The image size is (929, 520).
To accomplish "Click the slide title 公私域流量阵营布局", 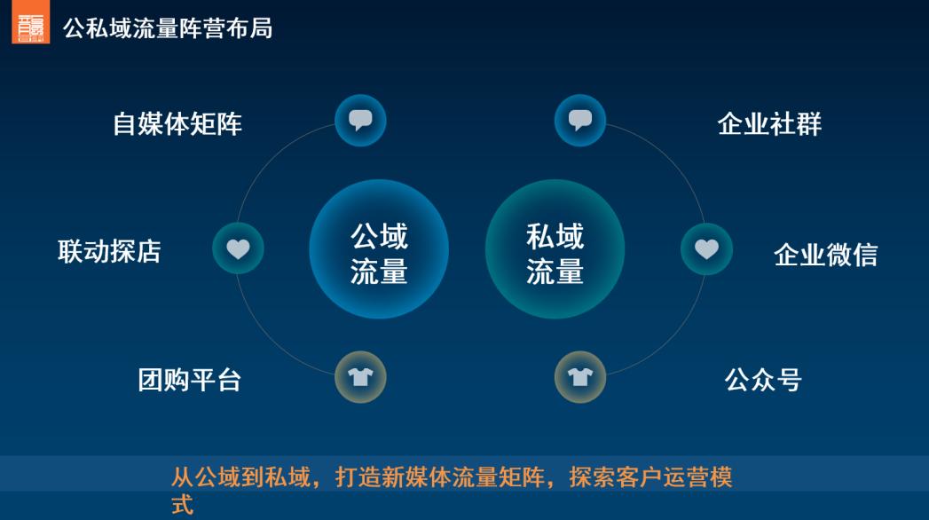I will [168, 28].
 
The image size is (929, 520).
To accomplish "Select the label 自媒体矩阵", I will [177, 123].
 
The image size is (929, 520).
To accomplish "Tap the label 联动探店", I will [109, 251].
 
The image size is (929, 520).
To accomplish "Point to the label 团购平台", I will [190, 380].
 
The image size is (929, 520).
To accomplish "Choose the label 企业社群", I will [769, 123].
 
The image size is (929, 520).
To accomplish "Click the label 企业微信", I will [825, 255].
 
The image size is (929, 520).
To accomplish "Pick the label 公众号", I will [763, 380].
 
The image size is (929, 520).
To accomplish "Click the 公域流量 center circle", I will [379, 249].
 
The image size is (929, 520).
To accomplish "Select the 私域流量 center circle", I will [555, 249].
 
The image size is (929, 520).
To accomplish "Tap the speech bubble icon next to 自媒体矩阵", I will [360, 120].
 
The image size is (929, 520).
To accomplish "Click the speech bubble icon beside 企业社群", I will [580, 120].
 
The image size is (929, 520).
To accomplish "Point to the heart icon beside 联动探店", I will [238, 248].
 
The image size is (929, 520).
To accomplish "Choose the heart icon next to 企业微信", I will [706, 248].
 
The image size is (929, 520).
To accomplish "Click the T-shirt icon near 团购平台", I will [360, 377].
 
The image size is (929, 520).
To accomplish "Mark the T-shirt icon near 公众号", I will [580, 377].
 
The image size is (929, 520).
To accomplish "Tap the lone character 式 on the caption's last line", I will [182, 507].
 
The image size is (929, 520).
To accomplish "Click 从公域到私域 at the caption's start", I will [235, 478].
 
